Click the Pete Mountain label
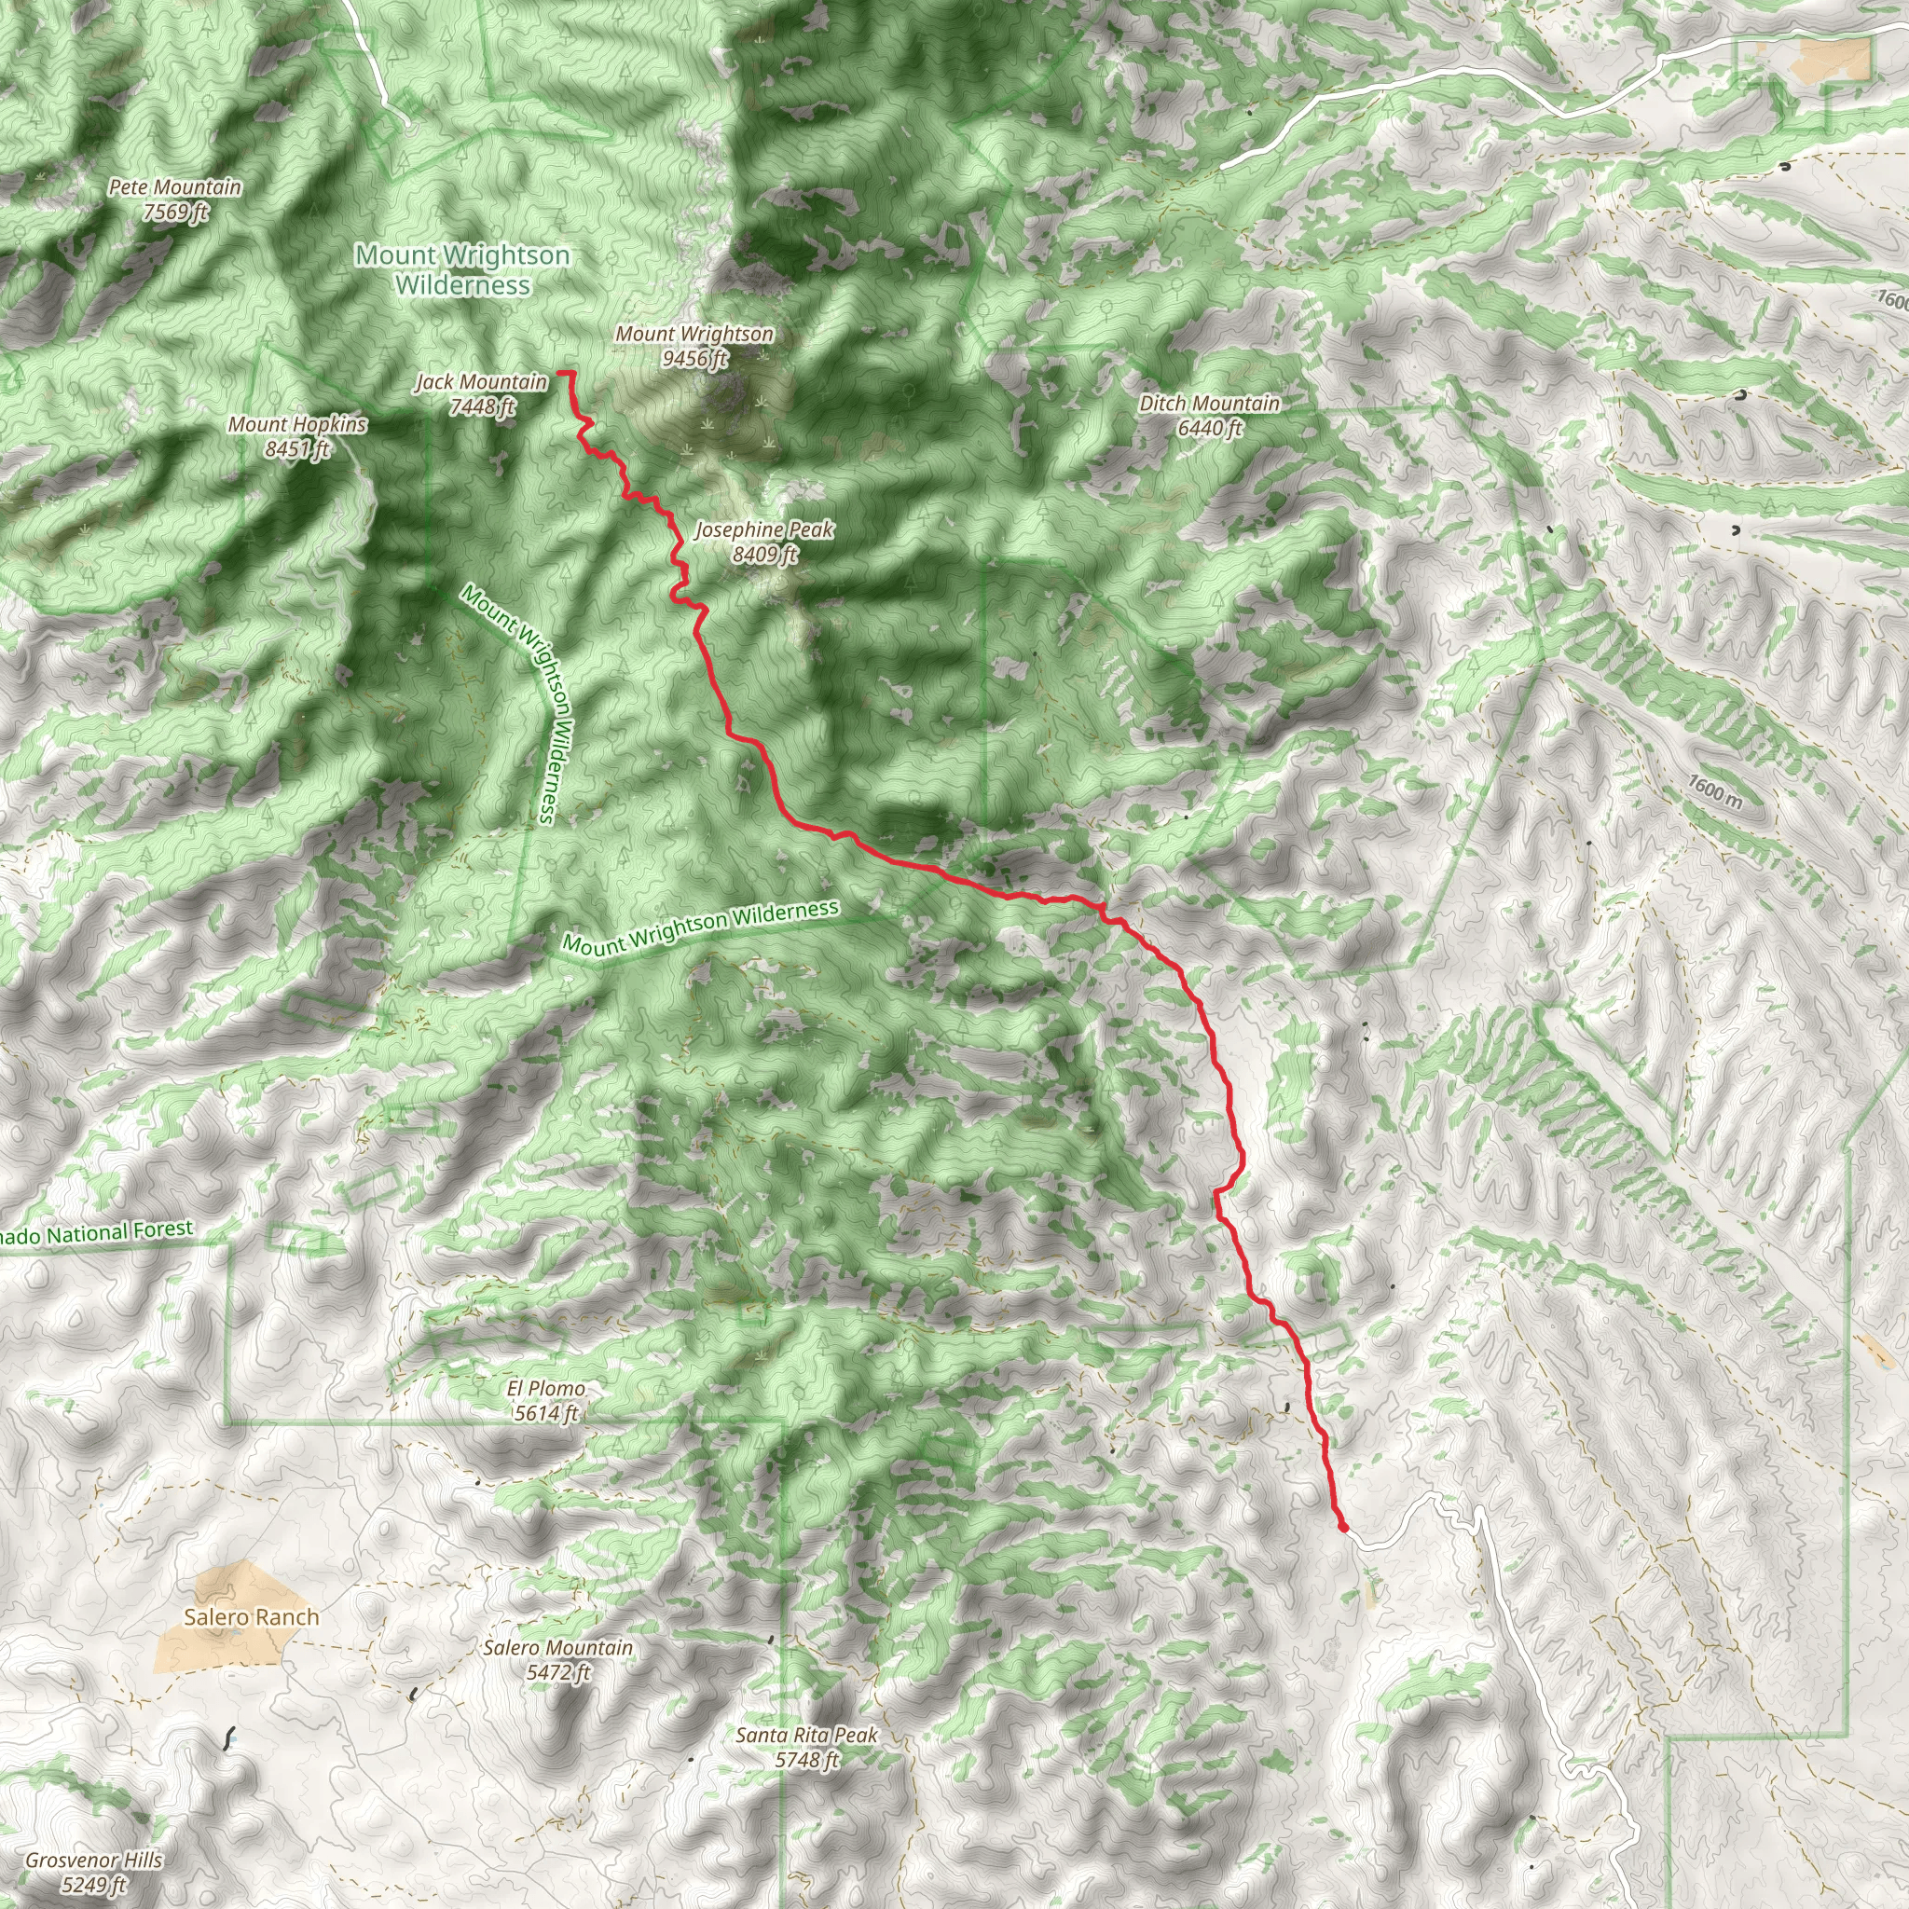175,186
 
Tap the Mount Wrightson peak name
694,334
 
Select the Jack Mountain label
480,381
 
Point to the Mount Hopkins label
297,424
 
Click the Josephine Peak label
763,529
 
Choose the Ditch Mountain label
1208,403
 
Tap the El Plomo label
545,1388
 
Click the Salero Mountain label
557,1647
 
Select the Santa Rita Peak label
806,1735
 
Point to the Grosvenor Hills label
94,1860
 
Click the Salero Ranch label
252,1616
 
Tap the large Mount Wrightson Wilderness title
462,269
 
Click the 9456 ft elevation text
694,358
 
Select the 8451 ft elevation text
297,448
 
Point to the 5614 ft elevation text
545,1413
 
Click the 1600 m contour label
1714,790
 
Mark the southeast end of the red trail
1344,1528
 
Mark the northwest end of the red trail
560,373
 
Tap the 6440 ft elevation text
1209,428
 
